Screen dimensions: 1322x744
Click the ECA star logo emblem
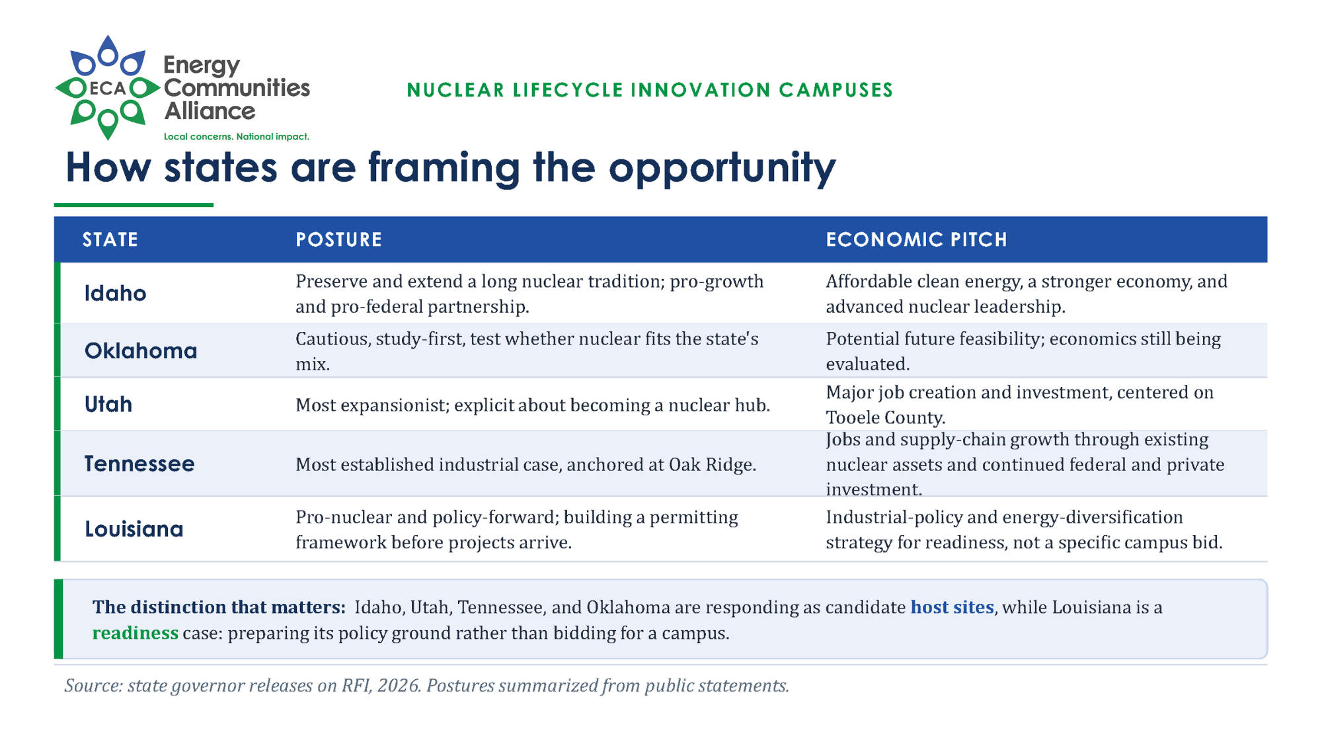tap(108, 87)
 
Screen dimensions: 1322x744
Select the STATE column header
tap(110, 239)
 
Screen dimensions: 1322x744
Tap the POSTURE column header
tap(339, 239)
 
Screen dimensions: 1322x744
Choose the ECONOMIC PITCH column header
tap(917, 239)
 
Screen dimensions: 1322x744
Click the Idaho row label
tap(116, 293)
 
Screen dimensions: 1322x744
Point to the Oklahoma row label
tap(141, 351)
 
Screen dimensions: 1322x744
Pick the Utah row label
tap(108, 404)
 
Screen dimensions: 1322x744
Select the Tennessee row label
tap(139, 464)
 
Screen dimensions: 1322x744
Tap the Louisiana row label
tap(134, 529)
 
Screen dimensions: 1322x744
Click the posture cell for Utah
tap(533, 405)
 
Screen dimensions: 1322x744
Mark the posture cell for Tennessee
tap(525, 464)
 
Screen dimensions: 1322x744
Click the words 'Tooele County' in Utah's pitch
tap(885, 418)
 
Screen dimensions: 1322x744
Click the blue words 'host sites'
tap(953, 607)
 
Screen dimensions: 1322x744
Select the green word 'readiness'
tap(136, 634)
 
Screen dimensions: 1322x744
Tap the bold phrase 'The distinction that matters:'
tap(219, 607)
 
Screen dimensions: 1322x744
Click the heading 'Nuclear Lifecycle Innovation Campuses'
tap(650, 90)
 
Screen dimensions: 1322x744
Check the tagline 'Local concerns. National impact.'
tap(237, 137)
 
